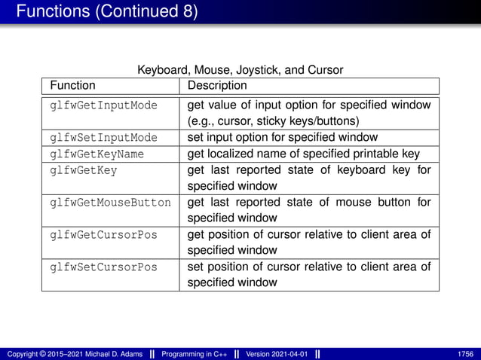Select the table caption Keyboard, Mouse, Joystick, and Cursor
[x=240, y=70]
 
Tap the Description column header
[x=217, y=86]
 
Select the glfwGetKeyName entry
[x=97, y=154]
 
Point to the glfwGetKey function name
[x=84, y=170]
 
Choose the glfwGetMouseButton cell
[x=110, y=203]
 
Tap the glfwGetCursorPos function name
[x=103, y=235]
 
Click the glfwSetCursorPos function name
[x=103, y=267]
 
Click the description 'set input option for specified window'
[x=282, y=138]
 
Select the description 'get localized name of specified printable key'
[x=303, y=154]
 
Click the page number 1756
[x=465, y=353]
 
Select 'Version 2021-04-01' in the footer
[x=278, y=353]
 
